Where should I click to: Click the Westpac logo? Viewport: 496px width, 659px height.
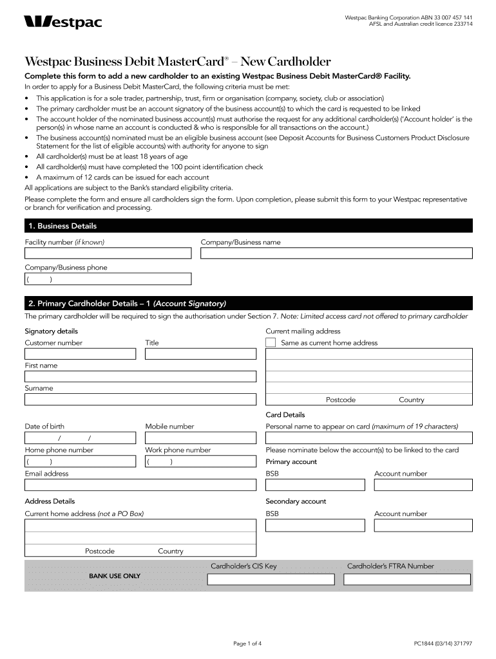(62, 23)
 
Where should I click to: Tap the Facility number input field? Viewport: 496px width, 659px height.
(108, 253)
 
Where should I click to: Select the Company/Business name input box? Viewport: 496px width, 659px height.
(336, 253)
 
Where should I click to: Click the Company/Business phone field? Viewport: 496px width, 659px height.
(108, 279)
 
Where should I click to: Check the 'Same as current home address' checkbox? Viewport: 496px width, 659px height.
(271, 343)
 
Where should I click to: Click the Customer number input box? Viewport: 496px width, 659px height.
(80, 354)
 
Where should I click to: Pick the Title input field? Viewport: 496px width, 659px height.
(200, 354)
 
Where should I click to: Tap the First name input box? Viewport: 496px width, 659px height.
(140, 376)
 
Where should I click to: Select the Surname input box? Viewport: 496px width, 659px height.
(140, 400)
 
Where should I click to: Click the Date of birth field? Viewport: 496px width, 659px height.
(80, 438)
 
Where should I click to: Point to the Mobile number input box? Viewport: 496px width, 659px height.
(200, 438)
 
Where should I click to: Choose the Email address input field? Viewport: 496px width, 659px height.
(140, 485)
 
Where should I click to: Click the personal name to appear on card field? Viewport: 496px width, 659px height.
(369, 438)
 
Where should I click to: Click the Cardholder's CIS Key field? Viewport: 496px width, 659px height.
(271, 579)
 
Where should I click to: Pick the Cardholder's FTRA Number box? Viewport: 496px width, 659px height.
(408, 579)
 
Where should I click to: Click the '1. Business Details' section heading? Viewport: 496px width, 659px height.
(61, 226)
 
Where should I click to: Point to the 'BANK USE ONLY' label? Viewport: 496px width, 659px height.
(114, 576)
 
